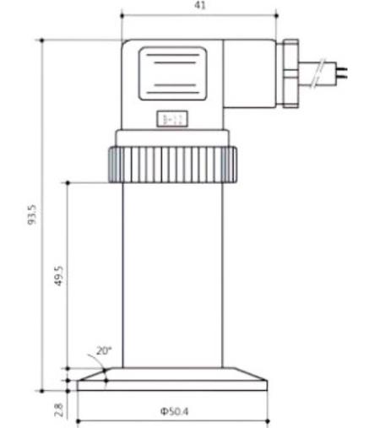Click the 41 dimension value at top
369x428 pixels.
point(199,5)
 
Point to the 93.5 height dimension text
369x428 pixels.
point(31,214)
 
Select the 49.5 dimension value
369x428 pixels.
point(58,276)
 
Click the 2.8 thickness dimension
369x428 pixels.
point(58,409)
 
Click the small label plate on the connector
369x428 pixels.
point(170,121)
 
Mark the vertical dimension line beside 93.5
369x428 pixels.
point(43,214)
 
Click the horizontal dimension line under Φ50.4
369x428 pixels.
point(172,420)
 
